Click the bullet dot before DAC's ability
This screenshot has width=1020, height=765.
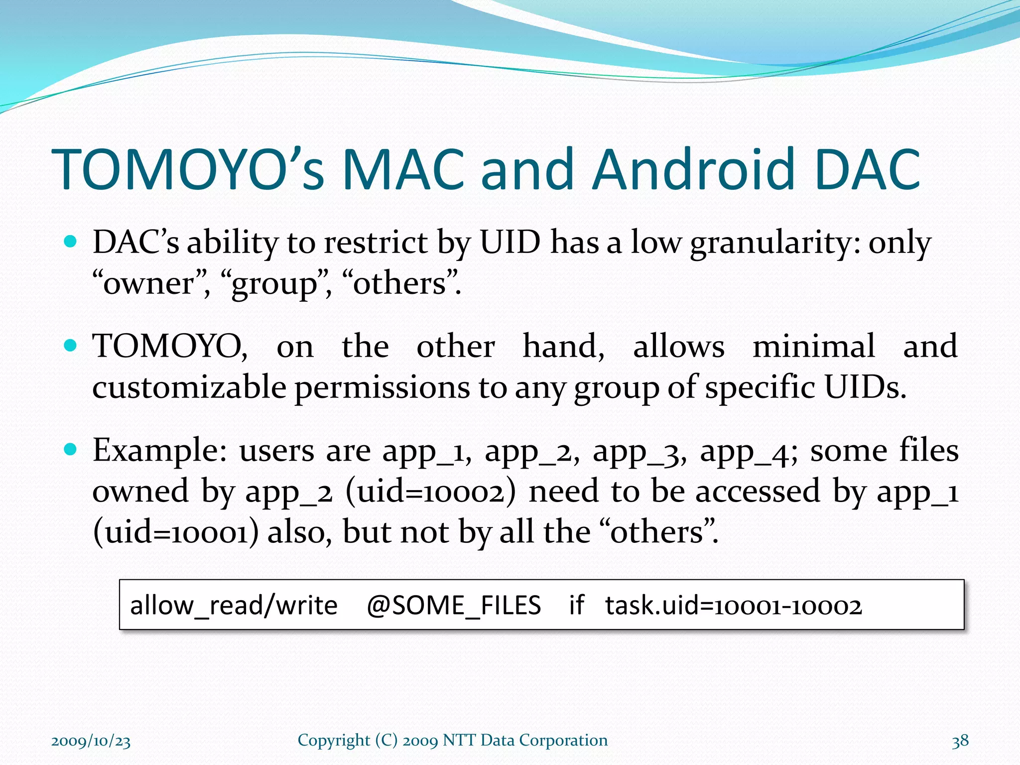point(71,242)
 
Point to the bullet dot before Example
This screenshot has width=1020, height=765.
point(71,450)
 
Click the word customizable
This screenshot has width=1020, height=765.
point(189,387)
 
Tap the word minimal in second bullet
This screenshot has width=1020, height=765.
point(813,346)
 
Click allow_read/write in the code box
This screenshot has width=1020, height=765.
point(234,606)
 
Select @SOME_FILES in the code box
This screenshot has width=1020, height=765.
point(453,606)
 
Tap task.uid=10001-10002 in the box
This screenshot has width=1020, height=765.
point(733,606)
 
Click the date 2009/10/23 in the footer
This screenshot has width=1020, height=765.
point(91,741)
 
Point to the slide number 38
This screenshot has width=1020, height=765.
point(960,741)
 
